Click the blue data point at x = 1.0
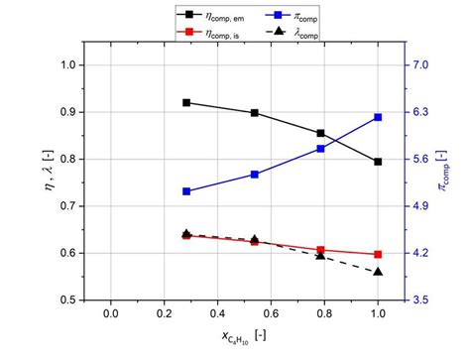[x=378, y=117]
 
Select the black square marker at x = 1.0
[x=378, y=162]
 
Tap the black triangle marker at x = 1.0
[x=378, y=271]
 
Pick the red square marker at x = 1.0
[x=378, y=255]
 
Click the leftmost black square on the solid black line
[x=186, y=102]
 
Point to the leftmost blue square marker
[x=186, y=191]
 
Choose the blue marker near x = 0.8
[x=320, y=149]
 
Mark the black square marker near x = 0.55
[x=255, y=113]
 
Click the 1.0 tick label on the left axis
[x=65, y=65]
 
